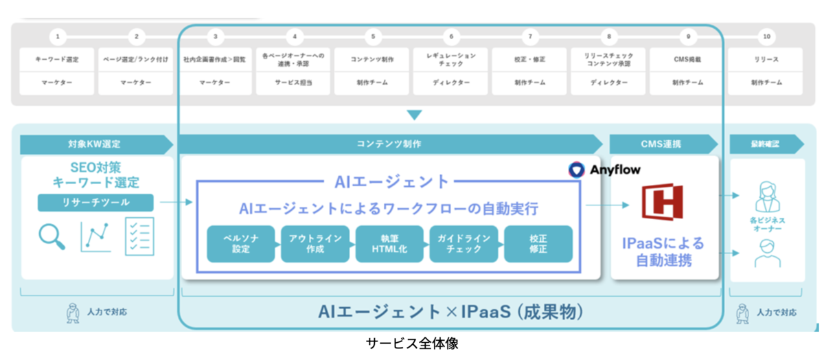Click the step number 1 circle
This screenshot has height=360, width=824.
pos(58,36)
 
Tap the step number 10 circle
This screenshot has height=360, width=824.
pos(766,36)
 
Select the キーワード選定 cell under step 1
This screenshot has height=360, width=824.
pos(58,60)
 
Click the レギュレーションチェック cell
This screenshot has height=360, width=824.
pos(451,60)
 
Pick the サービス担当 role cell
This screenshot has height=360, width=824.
pos(294,82)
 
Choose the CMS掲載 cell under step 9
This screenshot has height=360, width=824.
pos(687,60)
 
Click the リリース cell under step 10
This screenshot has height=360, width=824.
pos(766,60)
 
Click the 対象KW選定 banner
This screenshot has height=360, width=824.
pos(96,144)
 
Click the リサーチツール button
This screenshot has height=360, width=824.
pos(96,203)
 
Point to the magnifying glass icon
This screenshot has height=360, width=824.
pos(51,236)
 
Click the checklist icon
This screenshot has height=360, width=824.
pos(139,236)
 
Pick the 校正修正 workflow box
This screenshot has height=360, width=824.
pos(538,244)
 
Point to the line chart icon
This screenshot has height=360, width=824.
pos(95,236)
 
